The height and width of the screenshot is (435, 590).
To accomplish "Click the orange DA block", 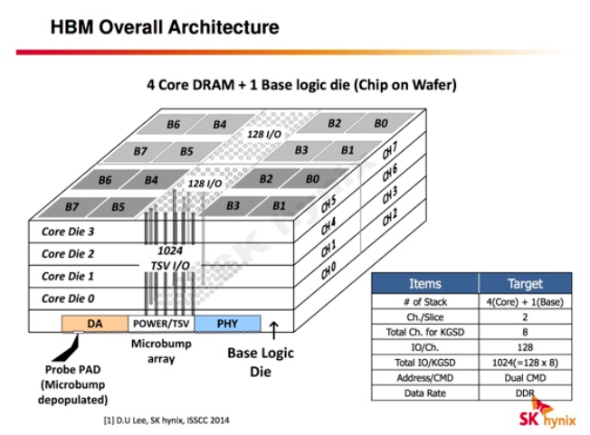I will pos(94,323).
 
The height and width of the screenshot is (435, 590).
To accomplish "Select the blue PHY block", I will pos(227,323).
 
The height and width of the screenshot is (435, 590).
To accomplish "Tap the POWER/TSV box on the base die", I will pos(161,323).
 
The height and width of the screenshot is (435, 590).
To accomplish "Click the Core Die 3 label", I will pos(68,232).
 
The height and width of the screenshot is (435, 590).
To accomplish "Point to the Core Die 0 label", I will pos(68,298).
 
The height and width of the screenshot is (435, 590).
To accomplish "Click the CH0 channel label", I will pos(333,269).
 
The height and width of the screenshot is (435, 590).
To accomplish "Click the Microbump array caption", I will pos(160,353).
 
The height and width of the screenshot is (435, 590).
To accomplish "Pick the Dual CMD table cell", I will pos(524,378).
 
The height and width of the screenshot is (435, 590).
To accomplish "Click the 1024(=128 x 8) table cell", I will pos(524,363).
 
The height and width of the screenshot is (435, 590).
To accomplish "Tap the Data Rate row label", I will pos(424,393).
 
